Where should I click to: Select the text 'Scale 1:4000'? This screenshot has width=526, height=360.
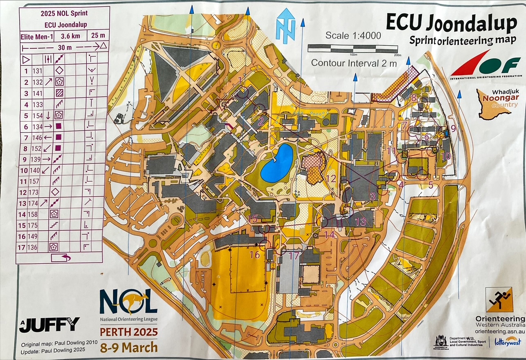coord(353,36)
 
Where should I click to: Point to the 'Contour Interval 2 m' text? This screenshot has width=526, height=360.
coord(354,63)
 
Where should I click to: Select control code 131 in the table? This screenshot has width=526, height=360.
coord(38,71)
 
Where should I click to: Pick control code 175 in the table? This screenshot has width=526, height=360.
coord(38,225)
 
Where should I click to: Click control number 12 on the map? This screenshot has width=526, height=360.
coord(331,178)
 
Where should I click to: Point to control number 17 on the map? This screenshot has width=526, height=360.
coord(294,256)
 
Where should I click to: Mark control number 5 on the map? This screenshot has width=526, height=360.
coord(430,185)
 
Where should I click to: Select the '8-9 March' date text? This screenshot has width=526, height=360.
coord(129,347)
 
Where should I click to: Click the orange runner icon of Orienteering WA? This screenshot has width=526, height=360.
coord(499,299)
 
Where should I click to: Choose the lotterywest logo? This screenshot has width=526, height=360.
coord(507,341)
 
